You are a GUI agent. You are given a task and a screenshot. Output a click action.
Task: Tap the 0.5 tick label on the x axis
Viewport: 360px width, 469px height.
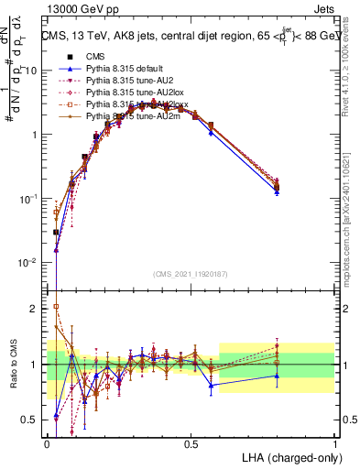pos(191,442)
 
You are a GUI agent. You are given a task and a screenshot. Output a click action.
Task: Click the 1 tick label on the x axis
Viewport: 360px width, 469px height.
pos(335,442)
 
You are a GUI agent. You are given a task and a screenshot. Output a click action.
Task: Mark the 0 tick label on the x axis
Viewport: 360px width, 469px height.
pos(48,442)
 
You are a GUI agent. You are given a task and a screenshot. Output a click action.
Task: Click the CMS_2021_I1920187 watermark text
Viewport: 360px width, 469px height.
pos(191,273)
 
